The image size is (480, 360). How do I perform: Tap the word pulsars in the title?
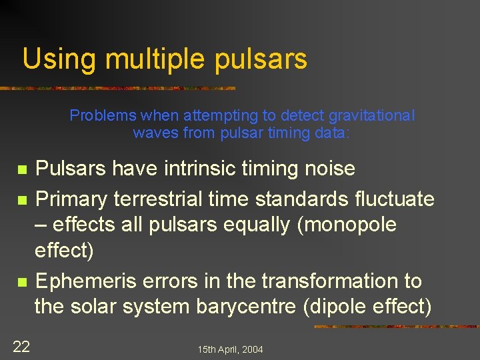pyautogui.click(x=261, y=59)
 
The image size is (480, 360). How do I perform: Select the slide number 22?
pyautogui.click(x=21, y=347)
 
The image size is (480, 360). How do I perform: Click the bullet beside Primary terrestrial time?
pyautogui.click(x=22, y=200)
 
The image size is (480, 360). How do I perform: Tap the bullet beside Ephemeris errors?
pyautogui.click(x=22, y=283)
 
